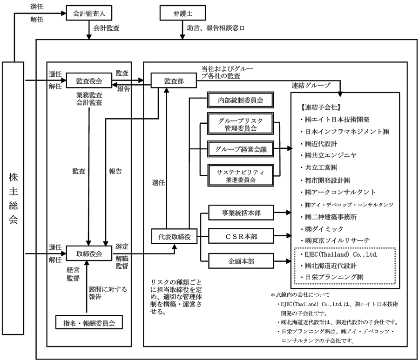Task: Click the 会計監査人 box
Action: [x=89, y=13]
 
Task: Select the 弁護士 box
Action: [x=183, y=13]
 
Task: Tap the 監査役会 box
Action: [x=89, y=80]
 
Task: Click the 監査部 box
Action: [x=174, y=80]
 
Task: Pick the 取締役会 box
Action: [x=89, y=253]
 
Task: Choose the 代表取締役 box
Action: [x=174, y=236]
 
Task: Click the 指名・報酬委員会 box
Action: [x=89, y=322]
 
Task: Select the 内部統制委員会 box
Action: [x=241, y=100]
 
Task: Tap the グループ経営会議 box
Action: [x=241, y=149]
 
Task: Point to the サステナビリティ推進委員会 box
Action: [x=241, y=175]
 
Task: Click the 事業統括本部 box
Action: [x=241, y=213]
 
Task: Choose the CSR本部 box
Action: [x=241, y=236]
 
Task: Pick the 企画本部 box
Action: [x=241, y=261]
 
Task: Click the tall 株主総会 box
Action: [x=13, y=198]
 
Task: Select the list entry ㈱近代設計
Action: [x=318, y=144]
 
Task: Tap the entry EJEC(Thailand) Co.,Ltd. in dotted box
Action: [x=339, y=254]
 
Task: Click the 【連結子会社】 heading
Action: [x=320, y=107]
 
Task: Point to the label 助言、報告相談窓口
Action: [x=216, y=28]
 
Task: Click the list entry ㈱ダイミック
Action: [x=322, y=229]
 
